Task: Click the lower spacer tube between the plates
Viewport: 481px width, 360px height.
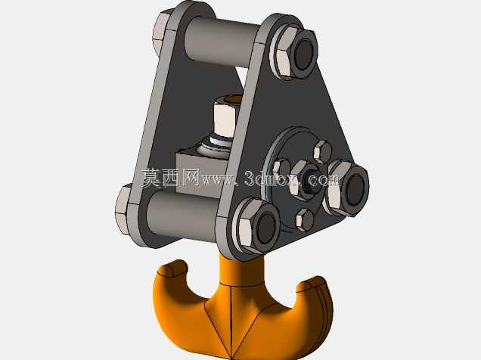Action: [182, 215]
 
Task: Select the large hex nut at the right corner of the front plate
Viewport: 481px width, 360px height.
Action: [347, 187]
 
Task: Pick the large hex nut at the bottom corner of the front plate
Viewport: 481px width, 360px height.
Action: [259, 226]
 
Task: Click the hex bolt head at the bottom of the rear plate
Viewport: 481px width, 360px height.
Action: [123, 209]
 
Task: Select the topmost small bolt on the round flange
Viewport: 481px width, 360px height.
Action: [323, 151]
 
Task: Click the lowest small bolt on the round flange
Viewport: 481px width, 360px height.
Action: [305, 219]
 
